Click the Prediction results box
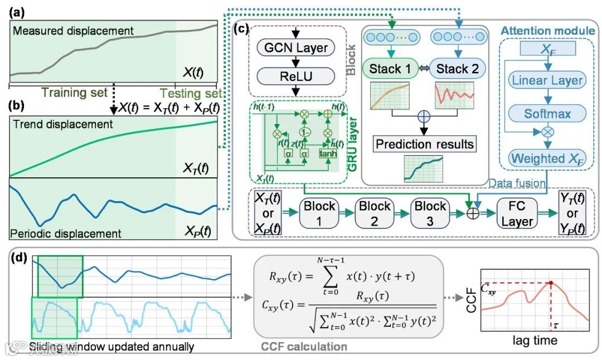tap(425, 144)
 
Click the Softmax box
tap(547, 114)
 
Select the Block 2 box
tap(374, 213)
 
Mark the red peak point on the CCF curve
tap(551, 283)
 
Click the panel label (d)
tap(18, 260)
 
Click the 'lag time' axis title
tap(535, 339)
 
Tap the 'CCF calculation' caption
tap(304, 347)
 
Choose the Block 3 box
tap(430, 213)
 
